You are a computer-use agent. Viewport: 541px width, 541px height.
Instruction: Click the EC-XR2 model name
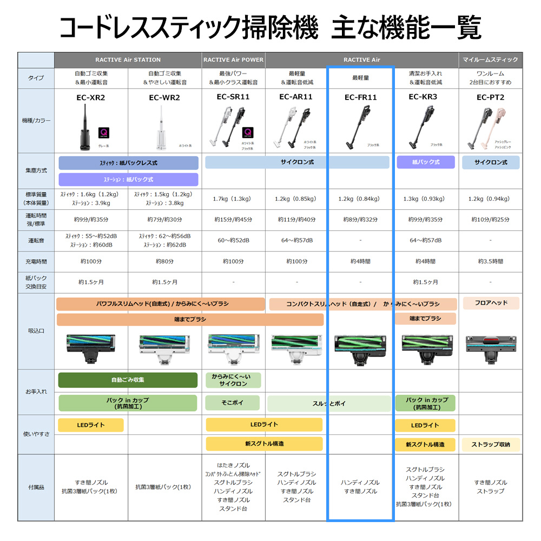pos(90,98)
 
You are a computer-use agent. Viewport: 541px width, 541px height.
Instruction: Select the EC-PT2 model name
pos(490,97)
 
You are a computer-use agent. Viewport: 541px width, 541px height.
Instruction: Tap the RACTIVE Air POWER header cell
pos(233,60)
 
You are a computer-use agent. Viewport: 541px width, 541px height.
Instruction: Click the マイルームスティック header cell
pos(491,60)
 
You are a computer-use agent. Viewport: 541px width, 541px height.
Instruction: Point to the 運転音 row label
pos(36,240)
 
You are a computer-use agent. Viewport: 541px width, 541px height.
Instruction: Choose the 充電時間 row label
pos(36,261)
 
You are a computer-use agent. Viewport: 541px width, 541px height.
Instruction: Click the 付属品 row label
pos(36,487)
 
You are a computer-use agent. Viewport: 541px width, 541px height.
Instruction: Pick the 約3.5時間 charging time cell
pos(490,261)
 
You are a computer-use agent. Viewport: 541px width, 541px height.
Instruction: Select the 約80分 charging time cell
pos(164,261)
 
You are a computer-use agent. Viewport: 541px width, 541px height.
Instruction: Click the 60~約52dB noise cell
pos(233,240)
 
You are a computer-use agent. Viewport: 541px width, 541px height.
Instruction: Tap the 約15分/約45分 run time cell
pos(233,220)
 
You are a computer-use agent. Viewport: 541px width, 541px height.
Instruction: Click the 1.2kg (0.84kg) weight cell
pos(361,199)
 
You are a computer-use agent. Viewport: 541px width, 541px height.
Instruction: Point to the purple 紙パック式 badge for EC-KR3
pos(426,162)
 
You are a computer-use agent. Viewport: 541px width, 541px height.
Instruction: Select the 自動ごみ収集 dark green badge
pos(128,380)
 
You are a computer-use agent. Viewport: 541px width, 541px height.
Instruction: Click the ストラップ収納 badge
pos(490,445)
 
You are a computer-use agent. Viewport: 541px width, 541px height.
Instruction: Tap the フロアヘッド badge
pos(490,303)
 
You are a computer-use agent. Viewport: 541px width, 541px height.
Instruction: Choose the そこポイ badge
pos(233,403)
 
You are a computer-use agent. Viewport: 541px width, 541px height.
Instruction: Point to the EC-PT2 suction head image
pos(490,346)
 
